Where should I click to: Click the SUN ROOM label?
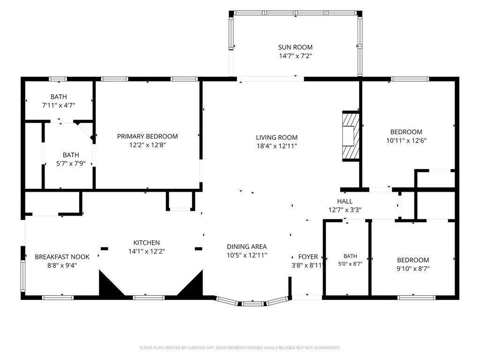[x=295, y=47]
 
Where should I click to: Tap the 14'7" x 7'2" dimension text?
[x=295, y=56]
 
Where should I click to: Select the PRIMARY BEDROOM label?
[x=147, y=136]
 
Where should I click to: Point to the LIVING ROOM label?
[x=277, y=137]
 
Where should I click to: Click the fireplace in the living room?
[x=351, y=136]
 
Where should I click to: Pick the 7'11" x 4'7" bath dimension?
[x=59, y=105]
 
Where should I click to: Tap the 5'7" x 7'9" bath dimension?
[x=71, y=164]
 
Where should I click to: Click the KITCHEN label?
[x=146, y=243]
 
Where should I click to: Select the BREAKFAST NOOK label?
[x=62, y=257]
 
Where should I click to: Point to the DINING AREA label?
[x=247, y=247]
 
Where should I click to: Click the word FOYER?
[x=308, y=257]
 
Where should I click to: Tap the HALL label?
[x=345, y=201]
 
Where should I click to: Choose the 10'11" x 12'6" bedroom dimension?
[x=406, y=141]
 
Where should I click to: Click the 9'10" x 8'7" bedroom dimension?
[x=413, y=269]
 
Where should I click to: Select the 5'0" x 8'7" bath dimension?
[x=350, y=263]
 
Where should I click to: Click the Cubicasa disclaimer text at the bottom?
[x=240, y=348]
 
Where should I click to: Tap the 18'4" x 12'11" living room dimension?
[x=277, y=146]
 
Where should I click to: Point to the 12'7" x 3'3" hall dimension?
[x=345, y=210]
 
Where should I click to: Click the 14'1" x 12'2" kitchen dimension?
[x=146, y=251]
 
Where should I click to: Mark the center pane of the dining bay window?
[x=252, y=304]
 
